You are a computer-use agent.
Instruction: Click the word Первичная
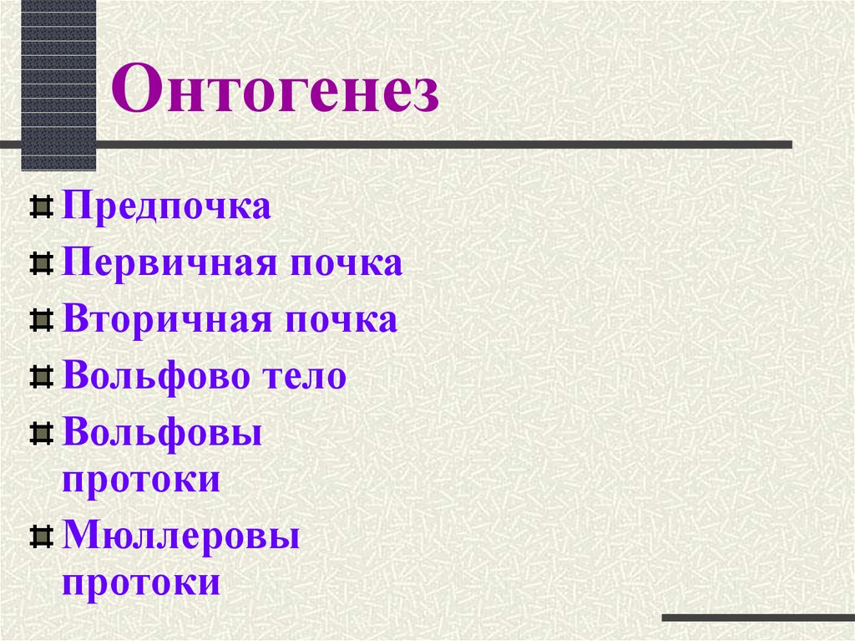coord(169,263)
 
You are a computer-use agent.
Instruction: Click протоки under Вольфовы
coord(141,482)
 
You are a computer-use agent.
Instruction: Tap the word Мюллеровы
coord(181,535)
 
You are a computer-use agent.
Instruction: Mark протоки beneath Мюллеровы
coord(141,583)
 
